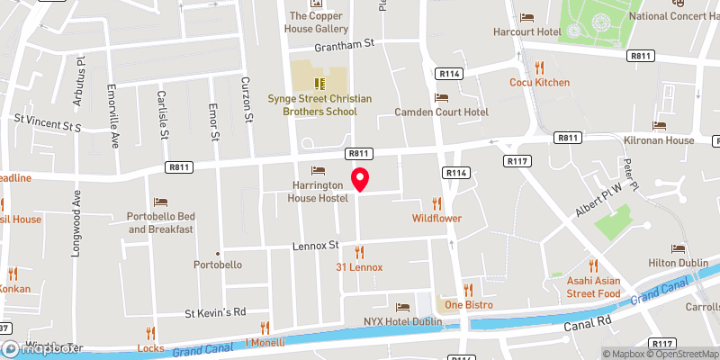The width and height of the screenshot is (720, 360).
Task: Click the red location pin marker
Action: click(359, 179)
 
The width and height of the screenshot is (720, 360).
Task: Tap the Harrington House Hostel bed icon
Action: click(317, 171)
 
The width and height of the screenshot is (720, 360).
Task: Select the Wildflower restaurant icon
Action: click(437, 203)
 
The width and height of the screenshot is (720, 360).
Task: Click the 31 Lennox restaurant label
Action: click(359, 267)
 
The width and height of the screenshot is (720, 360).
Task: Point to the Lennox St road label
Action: click(314, 245)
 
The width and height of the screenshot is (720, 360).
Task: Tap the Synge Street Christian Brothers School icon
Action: click(318, 83)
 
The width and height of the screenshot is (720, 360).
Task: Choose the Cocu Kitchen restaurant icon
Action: click(539, 67)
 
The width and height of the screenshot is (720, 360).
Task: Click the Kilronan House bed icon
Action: click(660, 126)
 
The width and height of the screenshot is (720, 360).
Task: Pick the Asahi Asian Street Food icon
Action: click(593, 265)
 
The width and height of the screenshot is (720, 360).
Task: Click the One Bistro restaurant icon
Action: click(467, 290)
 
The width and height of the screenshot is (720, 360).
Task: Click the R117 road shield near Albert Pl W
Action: click(517, 161)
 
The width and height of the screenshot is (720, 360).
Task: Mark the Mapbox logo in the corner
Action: click(42, 349)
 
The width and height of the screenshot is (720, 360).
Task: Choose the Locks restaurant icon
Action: click(150, 333)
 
